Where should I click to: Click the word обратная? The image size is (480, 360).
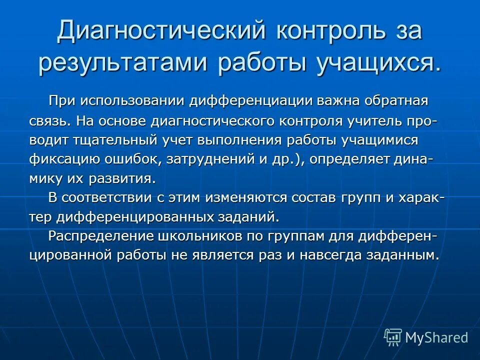click(x=396, y=101)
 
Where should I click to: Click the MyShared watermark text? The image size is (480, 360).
click(x=436, y=337)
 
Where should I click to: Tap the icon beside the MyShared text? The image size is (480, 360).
click(x=393, y=337)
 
